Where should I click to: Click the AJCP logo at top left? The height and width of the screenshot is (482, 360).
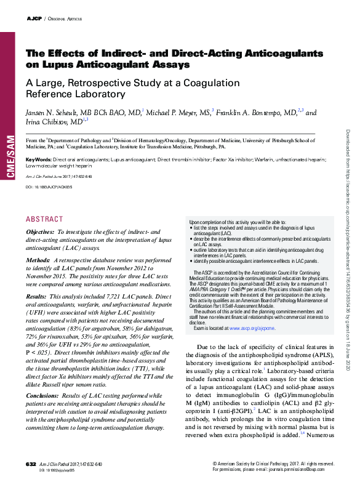[34, 19]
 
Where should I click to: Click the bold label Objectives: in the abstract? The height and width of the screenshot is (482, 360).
[40, 231]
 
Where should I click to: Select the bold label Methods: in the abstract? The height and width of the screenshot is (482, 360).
[38, 261]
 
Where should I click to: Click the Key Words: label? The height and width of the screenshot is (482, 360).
[38, 160]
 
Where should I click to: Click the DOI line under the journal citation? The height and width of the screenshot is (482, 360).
[49, 185]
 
